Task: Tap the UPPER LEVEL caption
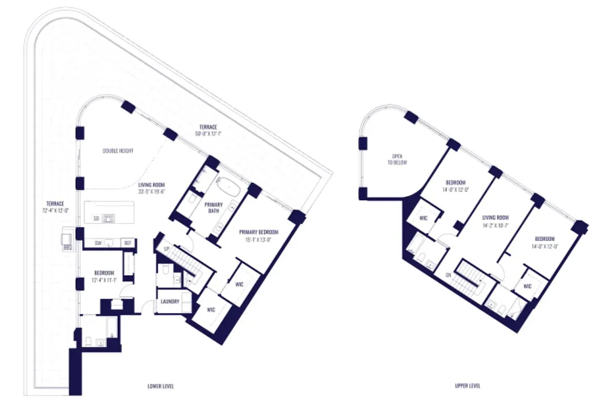(x=468, y=386)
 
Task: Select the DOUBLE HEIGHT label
(x=118, y=151)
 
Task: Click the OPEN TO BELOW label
(x=397, y=160)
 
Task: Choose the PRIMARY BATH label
(x=214, y=208)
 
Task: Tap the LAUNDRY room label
(x=170, y=302)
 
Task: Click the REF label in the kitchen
(x=128, y=244)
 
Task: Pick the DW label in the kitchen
(x=99, y=244)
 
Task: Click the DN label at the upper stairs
(x=448, y=275)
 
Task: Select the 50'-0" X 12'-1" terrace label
(x=208, y=130)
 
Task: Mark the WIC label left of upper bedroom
(x=424, y=218)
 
